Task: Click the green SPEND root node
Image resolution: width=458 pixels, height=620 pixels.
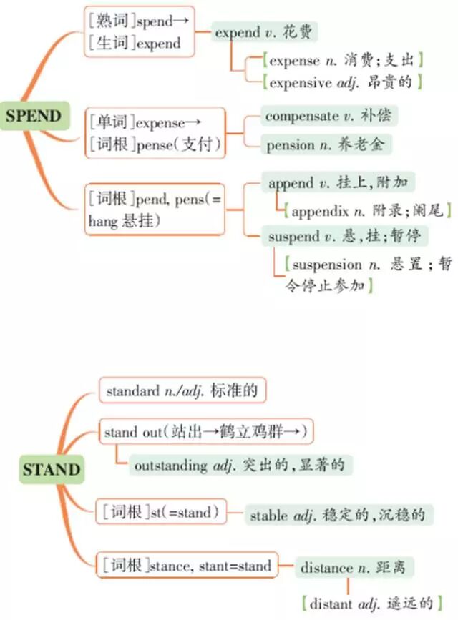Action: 34,116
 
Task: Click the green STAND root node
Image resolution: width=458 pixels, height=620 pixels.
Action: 51,470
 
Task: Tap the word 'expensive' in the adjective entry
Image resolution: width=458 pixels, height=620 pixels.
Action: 301,82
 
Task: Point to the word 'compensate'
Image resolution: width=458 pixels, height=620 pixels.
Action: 301,115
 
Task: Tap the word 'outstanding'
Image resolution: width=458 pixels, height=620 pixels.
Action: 170,466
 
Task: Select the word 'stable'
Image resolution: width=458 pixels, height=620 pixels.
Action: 269,515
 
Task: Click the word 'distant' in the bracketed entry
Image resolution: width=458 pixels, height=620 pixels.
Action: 331,604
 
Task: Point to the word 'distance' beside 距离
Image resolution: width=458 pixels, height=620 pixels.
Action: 326,569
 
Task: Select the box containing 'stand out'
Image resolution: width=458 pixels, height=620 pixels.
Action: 207,431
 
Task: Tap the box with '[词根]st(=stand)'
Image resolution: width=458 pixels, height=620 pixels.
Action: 160,512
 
